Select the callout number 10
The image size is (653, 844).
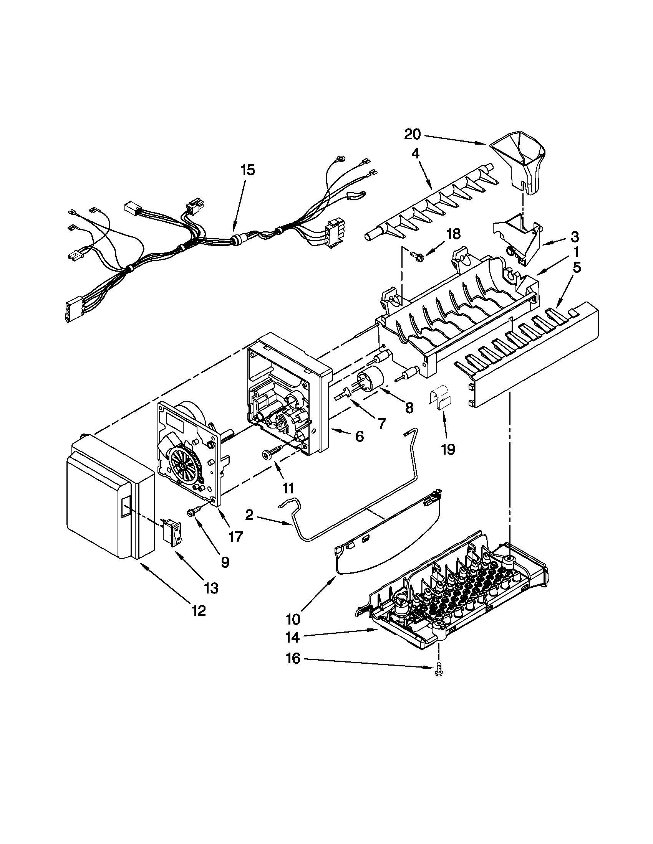(293, 619)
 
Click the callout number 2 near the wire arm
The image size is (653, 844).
(249, 515)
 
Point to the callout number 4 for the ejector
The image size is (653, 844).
(415, 153)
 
